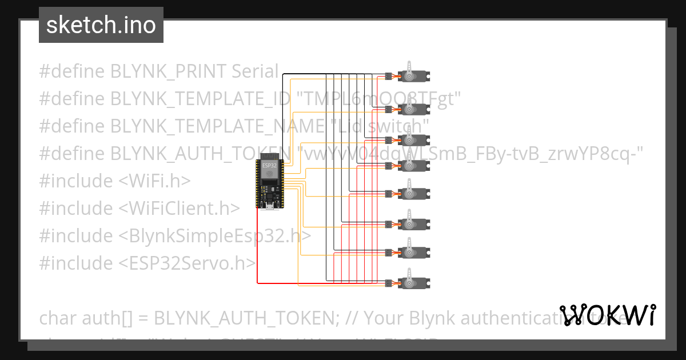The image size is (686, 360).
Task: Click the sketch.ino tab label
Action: [101, 25]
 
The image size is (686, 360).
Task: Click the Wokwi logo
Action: [607, 314]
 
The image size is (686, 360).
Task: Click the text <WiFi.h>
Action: [155, 181]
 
